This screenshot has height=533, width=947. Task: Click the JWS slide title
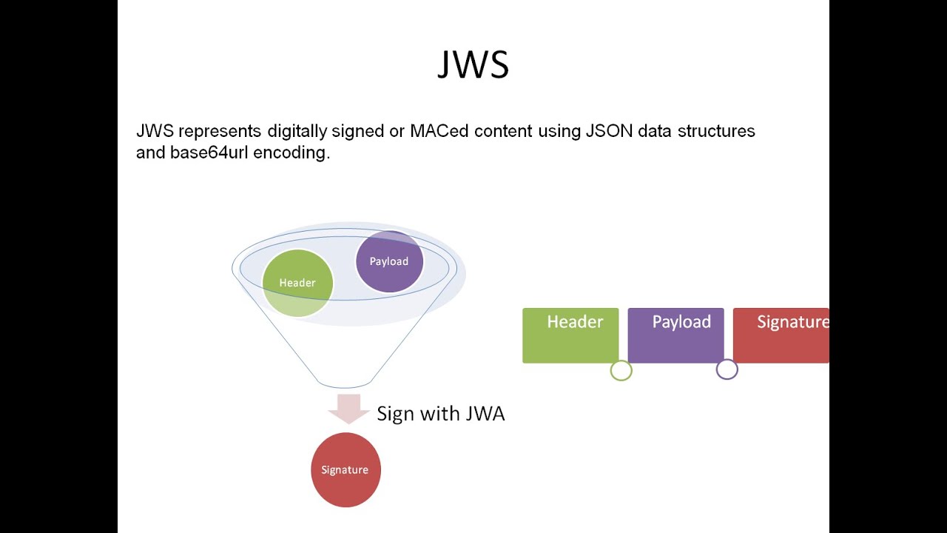473,64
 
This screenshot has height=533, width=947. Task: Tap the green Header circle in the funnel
297,283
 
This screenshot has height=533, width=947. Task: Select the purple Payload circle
389,261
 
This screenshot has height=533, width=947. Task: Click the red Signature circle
345,470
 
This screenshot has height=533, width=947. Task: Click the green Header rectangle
570,335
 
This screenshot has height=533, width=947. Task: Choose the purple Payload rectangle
675,335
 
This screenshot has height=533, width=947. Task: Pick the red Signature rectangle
781,335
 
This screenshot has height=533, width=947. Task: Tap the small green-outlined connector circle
621,370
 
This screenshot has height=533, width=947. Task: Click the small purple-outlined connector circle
727,369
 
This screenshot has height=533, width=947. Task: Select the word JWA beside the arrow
485,414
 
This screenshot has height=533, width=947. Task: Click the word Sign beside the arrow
394,414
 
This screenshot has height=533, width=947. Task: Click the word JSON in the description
609,132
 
